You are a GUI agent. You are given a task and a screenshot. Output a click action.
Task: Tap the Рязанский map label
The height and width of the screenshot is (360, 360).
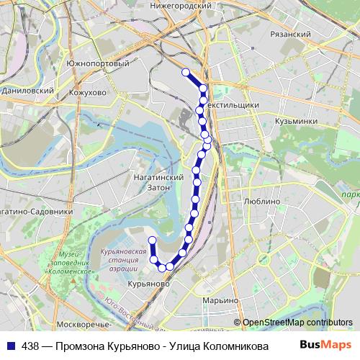pyautogui.click(x=293, y=34)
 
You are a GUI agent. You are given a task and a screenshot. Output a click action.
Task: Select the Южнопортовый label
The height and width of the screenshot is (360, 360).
pyautogui.click(x=107, y=63)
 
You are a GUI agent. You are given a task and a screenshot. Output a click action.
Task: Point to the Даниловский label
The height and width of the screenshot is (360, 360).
pyautogui.click(x=28, y=91)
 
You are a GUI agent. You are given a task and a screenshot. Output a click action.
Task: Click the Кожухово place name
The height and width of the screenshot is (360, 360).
pyautogui.click(x=89, y=92)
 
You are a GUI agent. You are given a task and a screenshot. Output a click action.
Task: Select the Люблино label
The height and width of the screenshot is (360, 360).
pyautogui.click(x=262, y=202)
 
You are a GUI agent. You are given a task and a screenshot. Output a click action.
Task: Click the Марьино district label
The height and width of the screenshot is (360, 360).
pyautogui.click(x=220, y=300)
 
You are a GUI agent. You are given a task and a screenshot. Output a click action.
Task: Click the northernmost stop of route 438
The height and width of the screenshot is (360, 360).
pyautogui.click(x=186, y=72)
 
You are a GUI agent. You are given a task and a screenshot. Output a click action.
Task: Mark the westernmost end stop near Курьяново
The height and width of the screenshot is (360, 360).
pyautogui.click(x=152, y=240)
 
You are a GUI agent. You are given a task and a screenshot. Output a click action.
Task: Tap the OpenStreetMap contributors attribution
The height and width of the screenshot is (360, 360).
pyautogui.click(x=297, y=323)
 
